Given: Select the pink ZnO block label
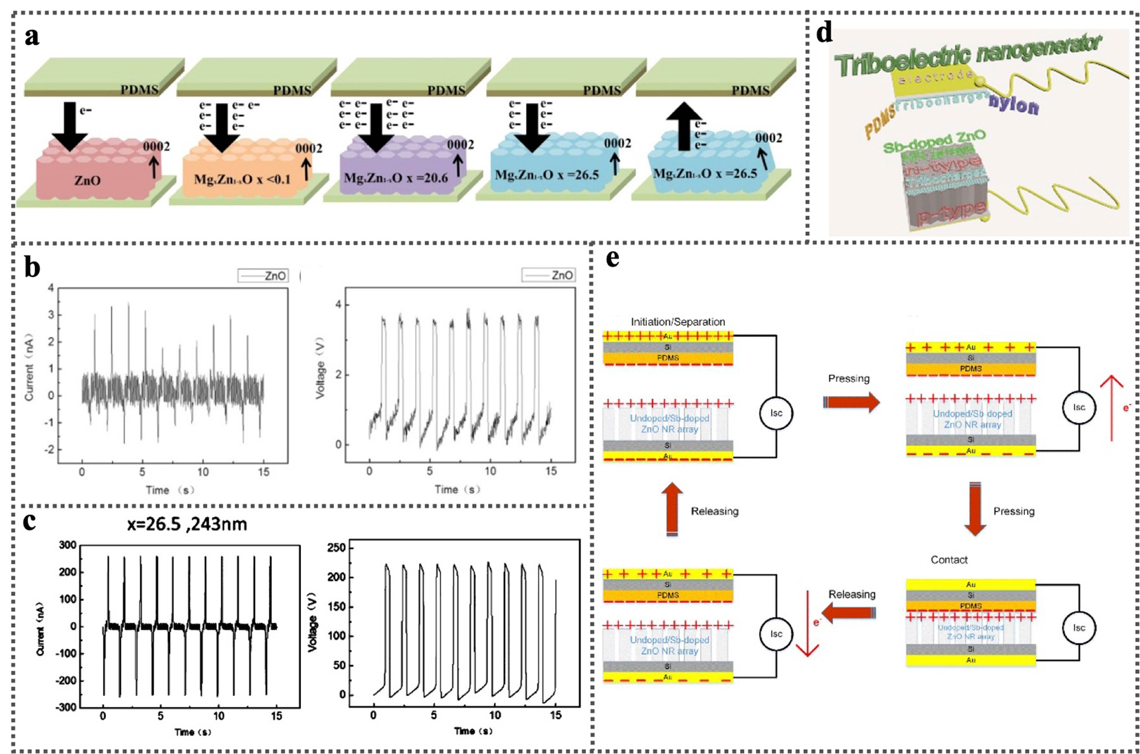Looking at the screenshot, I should [x=88, y=181].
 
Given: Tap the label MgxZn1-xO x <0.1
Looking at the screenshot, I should [x=242, y=180].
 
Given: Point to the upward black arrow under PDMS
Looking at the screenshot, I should [x=684, y=126].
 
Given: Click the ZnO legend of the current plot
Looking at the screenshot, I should [x=263, y=276].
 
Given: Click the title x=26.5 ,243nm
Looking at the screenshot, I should [x=187, y=524].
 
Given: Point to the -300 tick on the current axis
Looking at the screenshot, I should [x=67, y=707].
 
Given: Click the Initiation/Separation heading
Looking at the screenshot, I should [x=677, y=322].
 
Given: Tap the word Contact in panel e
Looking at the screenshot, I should [x=949, y=560].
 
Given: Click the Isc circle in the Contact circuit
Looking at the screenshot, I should [x=1079, y=627].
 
